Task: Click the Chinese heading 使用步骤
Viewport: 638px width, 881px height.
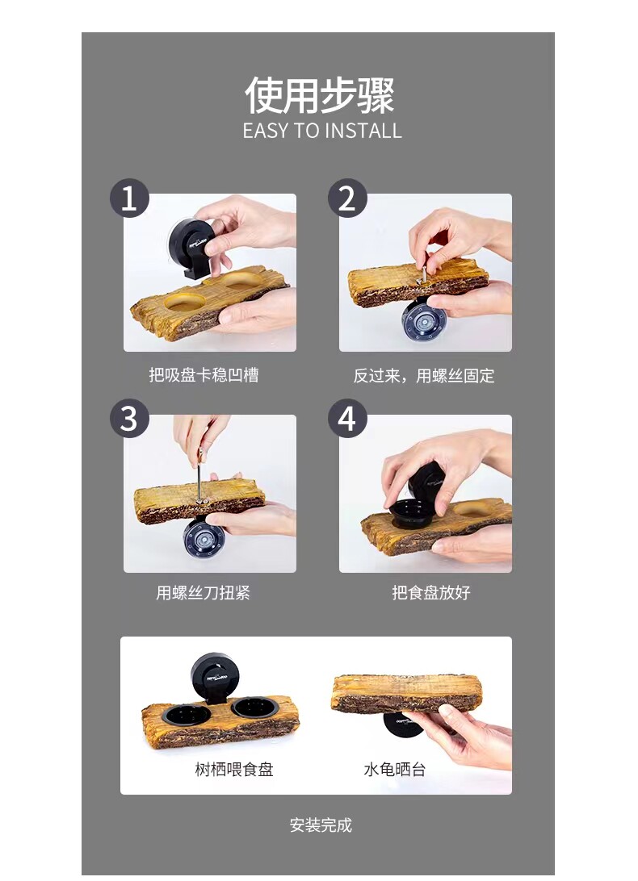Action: pos(320,95)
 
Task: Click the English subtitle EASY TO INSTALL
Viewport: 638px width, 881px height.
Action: pos(322,131)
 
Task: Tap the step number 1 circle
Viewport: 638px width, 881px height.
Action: pos(129,198)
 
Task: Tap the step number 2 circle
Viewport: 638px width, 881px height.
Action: pos(347,198)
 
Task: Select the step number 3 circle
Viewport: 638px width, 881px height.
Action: pos(129,419)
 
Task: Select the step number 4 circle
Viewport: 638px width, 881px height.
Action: pos(347,419)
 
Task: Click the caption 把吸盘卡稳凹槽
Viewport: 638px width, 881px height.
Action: pos(204,375)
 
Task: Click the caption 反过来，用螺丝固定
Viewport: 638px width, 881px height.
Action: pos(424,375)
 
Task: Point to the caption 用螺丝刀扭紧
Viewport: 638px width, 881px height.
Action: pos(203,592)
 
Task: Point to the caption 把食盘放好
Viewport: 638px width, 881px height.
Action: pos(431,592)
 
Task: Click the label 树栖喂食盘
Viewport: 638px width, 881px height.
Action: pos(234,769)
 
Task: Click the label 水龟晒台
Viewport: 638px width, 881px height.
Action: pos(394,769)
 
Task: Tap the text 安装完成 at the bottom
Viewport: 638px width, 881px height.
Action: pos(321,825)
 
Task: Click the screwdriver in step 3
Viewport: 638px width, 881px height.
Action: pos(199,473)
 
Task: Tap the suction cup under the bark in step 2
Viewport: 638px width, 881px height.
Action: pos(425,320)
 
